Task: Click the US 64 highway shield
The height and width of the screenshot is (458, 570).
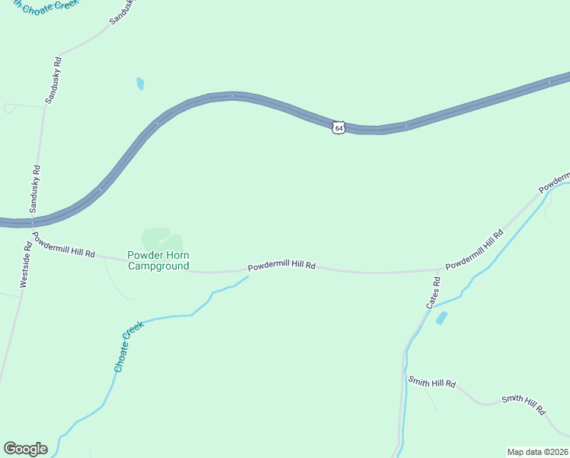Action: pos(339,127)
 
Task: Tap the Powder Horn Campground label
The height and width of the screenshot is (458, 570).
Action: pos(158,260)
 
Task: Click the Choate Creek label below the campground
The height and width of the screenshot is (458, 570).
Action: pos(128,347)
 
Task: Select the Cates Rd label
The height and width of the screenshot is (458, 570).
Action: pos(433,293)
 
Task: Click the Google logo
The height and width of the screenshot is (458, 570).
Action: pos(25,449)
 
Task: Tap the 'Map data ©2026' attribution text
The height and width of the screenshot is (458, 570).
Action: pos(538,451)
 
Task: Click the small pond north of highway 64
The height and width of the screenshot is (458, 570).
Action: pos(140,83)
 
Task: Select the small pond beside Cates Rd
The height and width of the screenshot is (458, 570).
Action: pos(441,318)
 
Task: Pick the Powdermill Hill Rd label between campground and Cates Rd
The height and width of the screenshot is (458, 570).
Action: pos(281,266)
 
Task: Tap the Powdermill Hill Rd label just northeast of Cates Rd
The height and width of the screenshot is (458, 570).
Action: pos(475,249)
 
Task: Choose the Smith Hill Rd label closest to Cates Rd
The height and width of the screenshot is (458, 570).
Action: pos(431,382)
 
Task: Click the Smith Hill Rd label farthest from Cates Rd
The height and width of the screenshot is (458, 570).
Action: pos(524,405)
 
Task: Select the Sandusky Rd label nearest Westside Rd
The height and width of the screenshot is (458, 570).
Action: pos(35,189)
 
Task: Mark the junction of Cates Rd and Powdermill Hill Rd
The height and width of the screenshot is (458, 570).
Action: pos(438,269)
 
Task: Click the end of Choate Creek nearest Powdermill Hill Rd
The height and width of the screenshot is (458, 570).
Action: pos(248,277)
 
